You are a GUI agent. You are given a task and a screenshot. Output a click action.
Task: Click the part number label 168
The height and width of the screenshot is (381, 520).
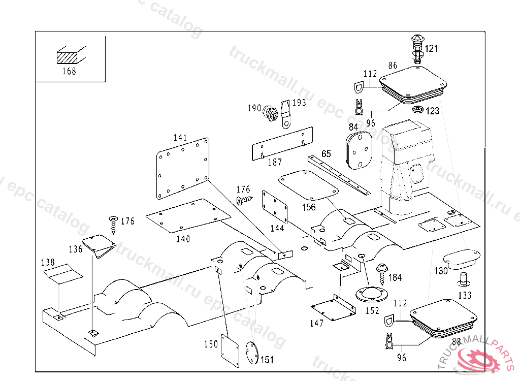pos(69,71)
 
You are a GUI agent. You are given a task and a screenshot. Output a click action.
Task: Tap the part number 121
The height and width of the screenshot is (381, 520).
pos(431,49)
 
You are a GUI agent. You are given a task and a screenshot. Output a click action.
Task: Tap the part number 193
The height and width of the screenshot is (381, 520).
pos(299,103)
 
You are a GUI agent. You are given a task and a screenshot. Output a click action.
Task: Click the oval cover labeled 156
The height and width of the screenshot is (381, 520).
pos(308,184)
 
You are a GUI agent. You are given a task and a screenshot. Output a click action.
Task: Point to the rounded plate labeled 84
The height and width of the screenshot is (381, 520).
pos(359,149)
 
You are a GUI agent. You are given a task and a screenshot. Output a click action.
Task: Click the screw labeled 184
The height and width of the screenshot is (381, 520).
pos(380,273)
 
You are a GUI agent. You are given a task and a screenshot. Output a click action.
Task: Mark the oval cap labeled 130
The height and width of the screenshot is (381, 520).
pos(462,257)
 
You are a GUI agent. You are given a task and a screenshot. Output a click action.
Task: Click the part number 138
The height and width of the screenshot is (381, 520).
pos(48,263)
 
